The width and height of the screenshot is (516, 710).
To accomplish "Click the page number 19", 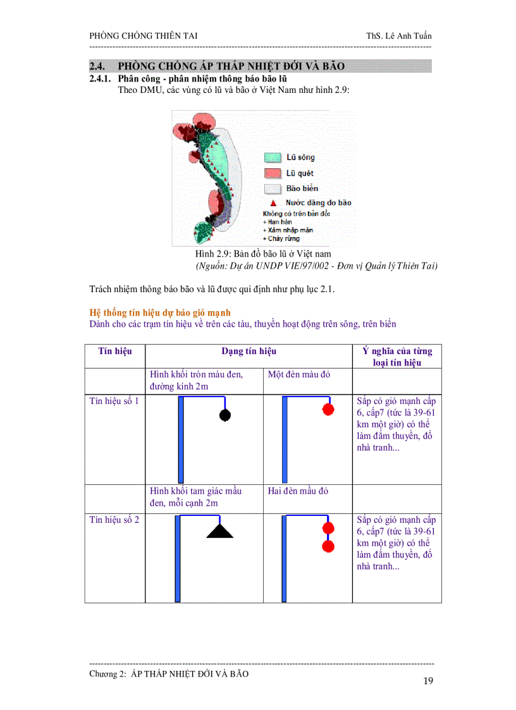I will click(x=428, y=681).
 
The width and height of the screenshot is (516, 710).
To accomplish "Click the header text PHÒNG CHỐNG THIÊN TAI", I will click(x=144, y=35).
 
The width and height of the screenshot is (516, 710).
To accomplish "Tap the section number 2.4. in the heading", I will click(x=99, y=66).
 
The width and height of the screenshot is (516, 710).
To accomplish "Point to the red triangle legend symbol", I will click(x=273, y=203).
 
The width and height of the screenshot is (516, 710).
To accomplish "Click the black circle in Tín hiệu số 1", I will click(x=224, y=415).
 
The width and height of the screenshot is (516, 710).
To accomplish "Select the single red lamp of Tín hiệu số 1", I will click(x=328, y=410).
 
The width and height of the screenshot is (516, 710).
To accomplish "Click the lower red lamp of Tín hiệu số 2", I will click(x=328, y=546).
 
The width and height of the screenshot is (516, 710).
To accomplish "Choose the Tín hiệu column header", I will click(x=114, y=351).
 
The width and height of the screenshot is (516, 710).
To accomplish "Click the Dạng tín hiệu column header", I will click(x=249, y=351).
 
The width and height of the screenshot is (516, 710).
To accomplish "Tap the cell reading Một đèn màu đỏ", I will click(x=299, y=374).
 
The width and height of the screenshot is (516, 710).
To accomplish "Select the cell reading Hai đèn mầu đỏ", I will click(x=298, y=491).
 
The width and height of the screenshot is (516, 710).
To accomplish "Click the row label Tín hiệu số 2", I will click(x=114, y=520).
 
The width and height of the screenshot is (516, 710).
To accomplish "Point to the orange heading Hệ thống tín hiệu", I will click(x=160, y=312).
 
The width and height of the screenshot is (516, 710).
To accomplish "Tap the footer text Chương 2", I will click(x=169, y=674).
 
